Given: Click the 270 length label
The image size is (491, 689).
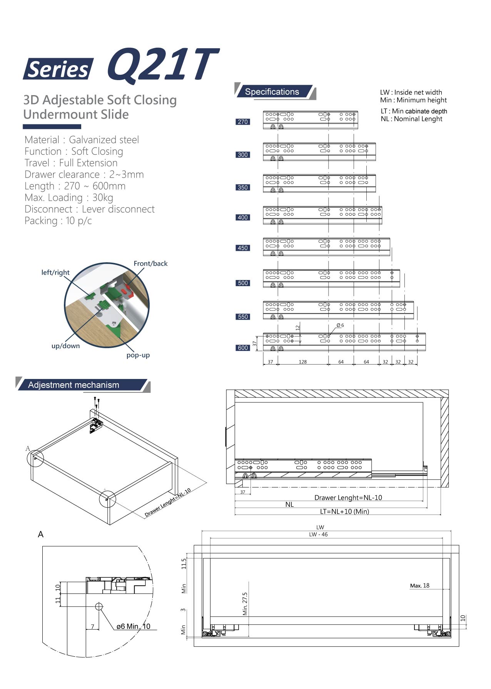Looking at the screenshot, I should pyautogui.click(x=243, y=122).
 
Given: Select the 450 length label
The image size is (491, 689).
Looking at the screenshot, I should pyautogui.click(x=243, y=248).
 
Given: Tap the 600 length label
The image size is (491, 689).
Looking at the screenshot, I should pyautogui.click(x=243, y=348).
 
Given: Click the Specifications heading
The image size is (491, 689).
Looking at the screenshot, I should pyautogui.click(x=272, y=92).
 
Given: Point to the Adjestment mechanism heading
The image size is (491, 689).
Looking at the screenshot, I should pyautogui.click(x=73, y=385).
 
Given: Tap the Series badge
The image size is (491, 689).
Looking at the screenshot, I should pyautogui.click(x=58, y=69).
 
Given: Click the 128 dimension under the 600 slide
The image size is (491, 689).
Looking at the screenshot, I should pyautogui.click(x=303, y=362).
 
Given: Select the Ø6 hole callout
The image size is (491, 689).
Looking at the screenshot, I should pyautogui.click(x=340, y=325).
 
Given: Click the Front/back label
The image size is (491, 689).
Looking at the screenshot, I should pyautogui.click(x=150, y=264).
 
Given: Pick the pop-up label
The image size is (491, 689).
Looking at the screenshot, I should pyautogui.click(x=138, y=355).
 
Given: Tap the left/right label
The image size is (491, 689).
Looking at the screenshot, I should pyautogui.click(x=55, y=273).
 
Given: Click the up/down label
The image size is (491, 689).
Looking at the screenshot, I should pyautogui.click(x=66, y=346).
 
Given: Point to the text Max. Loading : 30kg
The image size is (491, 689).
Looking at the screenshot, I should pyautogui.click(x=69, y=198).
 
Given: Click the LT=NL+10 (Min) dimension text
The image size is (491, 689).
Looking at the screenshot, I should pyautogui.click(x=344, y=512).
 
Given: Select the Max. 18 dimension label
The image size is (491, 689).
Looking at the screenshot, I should pyautogui.click(x=419, y=586).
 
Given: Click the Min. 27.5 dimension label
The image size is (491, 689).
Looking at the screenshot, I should pyautogui.click(x=245, y=604).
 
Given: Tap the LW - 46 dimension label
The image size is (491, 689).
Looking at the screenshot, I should pyautogui.click(x=318, y=535).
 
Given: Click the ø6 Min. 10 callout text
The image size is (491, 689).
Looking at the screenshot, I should pyautogui.click(x=134, y=627).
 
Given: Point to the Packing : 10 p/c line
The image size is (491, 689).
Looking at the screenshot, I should pyautogui.click(x=58, y=221).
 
